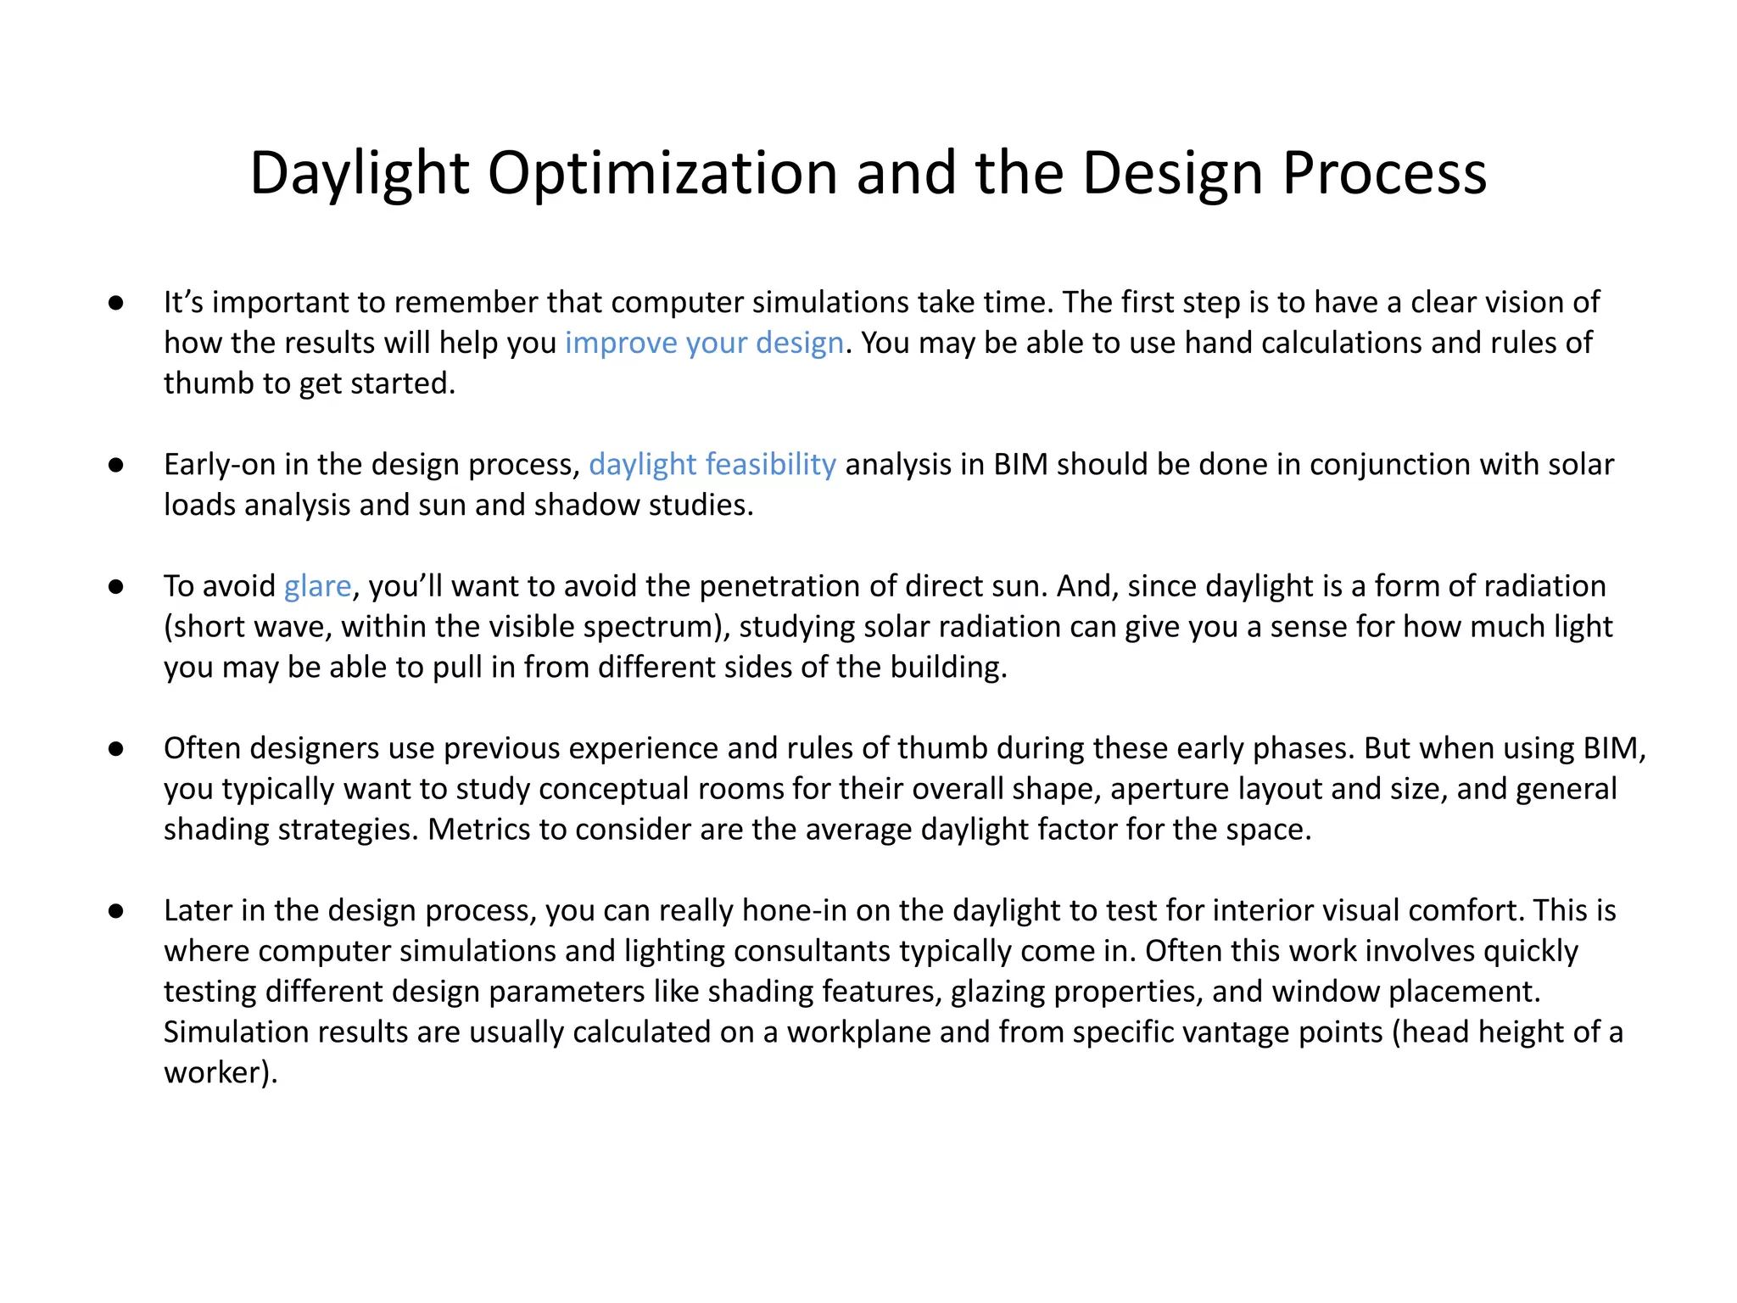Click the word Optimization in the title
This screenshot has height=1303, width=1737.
coord(663,175)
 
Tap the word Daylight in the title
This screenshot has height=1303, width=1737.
coord(360,175)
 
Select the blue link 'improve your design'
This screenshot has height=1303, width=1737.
coord(704,343)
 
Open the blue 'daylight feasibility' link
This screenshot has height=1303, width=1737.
coord(712,465)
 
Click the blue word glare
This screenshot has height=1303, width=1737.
coord(317,586)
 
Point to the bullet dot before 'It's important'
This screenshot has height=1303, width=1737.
coord(116,303)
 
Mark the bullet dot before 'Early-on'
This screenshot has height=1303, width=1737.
coord(116,465)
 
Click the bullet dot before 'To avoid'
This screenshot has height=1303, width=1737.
coord(116,586)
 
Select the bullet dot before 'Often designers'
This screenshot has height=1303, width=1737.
coord(116,748)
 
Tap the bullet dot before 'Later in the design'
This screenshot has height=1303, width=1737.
coord(116,911)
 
